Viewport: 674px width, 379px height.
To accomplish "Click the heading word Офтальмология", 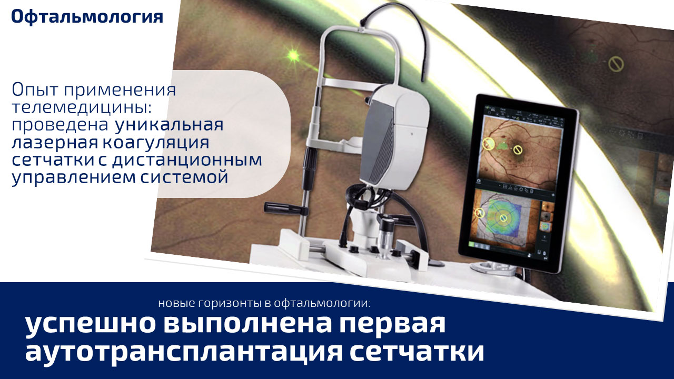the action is (x=87, y=17).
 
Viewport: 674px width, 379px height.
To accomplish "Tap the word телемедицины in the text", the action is (x=81, y=107).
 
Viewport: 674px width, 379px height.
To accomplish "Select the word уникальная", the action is (x=170, y=125).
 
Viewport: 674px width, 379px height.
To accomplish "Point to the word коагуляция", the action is (x=156, y=143).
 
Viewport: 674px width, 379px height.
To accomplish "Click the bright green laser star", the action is (x=293, y=55).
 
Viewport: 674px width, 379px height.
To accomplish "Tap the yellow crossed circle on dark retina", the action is (x=616, y=64).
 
